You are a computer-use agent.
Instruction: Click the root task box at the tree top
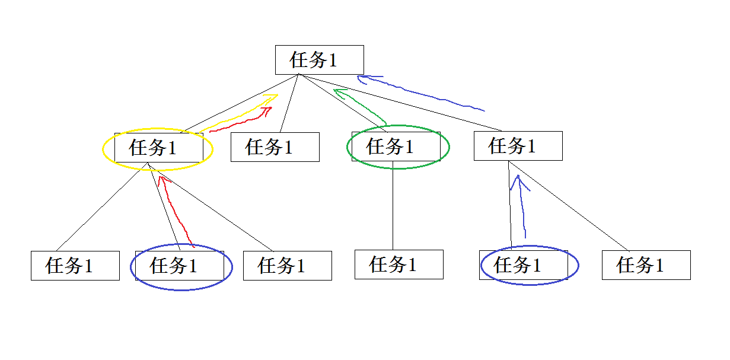tap(319, 60)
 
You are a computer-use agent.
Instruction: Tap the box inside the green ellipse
tap(396, 146)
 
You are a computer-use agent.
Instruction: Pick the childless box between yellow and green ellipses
tap(275, 147)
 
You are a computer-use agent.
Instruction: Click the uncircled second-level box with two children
tap(518, 146)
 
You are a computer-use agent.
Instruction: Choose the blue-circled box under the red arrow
tap(179, 266)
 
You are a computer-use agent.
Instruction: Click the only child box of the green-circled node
tap(399, 265)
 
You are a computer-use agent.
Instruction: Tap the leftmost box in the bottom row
tap(75, 266)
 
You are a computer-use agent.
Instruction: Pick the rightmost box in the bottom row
tap(646, 265)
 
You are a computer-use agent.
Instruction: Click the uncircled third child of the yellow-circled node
tap(287, 266)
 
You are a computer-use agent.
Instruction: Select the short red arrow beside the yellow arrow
tap(243, 119)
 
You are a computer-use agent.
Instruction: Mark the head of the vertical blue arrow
tap(518, 179)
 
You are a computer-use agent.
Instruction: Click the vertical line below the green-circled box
tap(393, 208)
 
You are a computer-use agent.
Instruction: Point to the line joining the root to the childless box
tap(289, 103)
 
